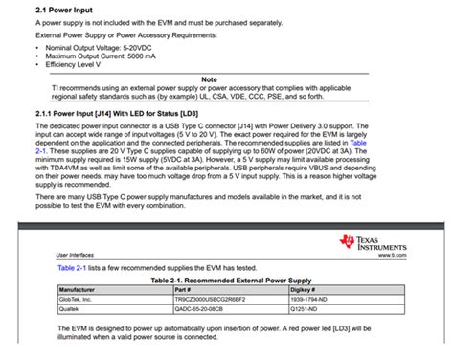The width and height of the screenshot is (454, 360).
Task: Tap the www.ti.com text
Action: click(393, 256)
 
